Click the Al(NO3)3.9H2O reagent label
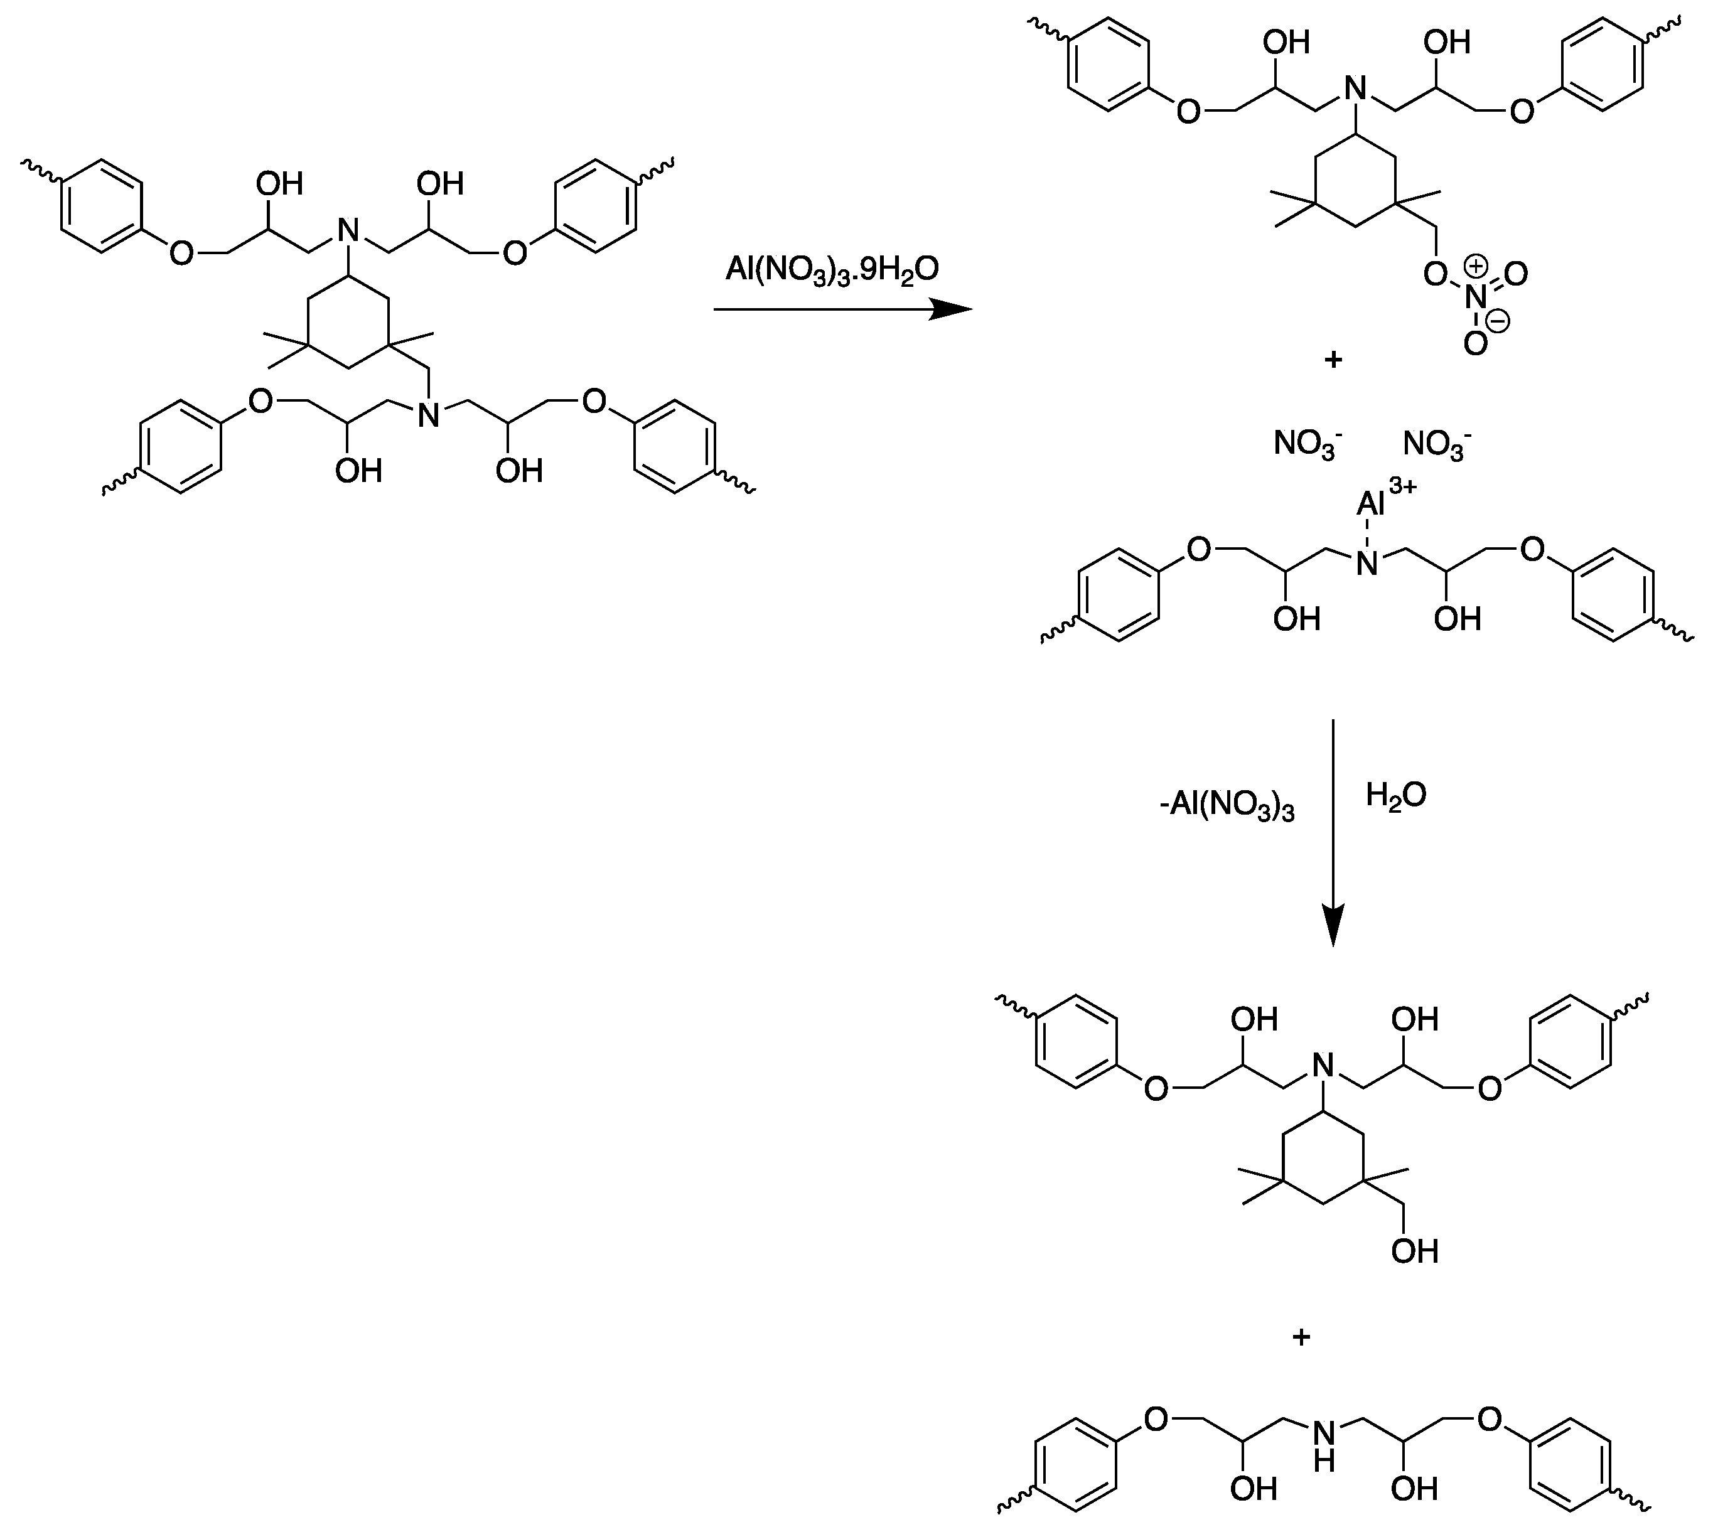click(x=832, y=271)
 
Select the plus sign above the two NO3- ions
click(x=1333, y=360)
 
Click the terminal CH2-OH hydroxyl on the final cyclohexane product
click(x=1414, y=1251)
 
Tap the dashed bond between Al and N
click(x=1367, y=532)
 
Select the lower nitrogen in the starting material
click(x=429, y=415)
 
